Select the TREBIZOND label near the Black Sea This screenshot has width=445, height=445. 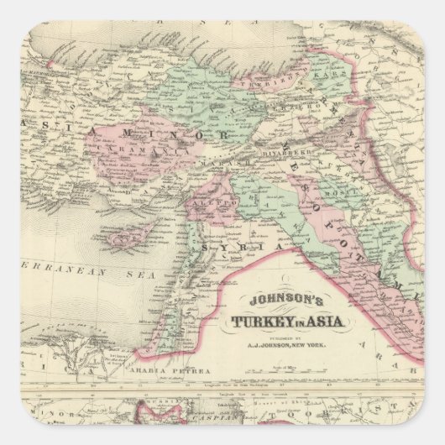[264, 85]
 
